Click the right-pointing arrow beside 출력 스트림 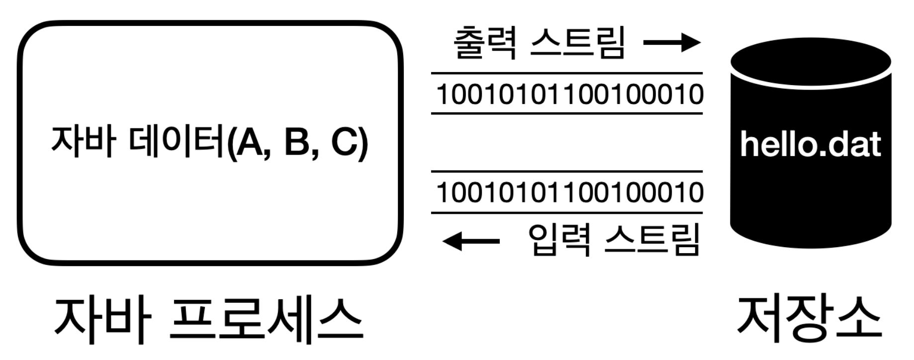pyautogui.click(x=671, y=42)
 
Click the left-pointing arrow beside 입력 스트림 pyautogui.click(x=471, y=241)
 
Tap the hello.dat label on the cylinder pyautogui.click(x=810, y=145)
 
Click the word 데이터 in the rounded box pyautogui.click(x=177, y=141)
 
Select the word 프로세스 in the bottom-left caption pyautogui.click(x=266, y=321)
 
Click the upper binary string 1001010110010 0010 pyautogui.click(x=569, y=94)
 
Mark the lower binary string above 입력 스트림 pyautogui.click(x=569, y=192)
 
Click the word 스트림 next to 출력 pyautogui.click(x=577, y=43)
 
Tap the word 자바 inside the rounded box pyautogui.click(x=84, y=141)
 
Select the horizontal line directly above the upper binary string pyautogui.click(x=566, y=74)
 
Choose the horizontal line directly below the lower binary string pyautogui.click(x=566, y=213)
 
